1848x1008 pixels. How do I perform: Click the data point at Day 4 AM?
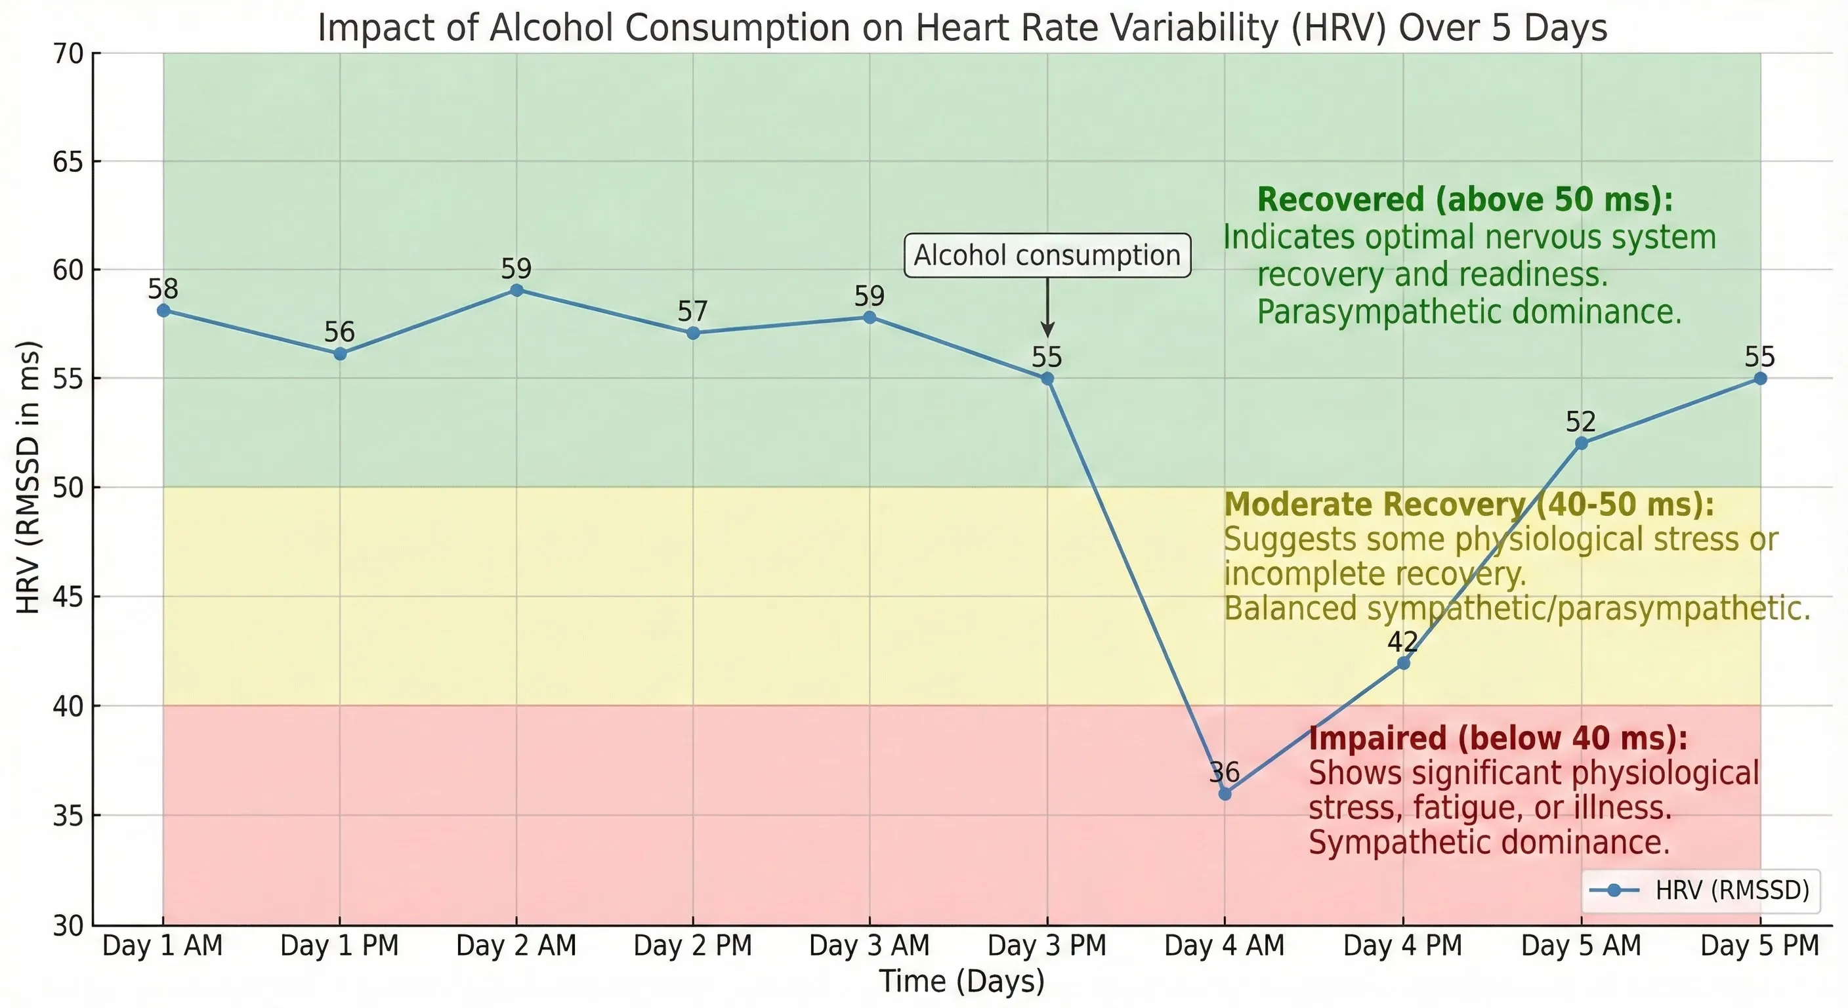coord(1225,793)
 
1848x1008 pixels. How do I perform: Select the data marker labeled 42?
coord(1403,663)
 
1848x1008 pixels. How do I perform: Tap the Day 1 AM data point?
coord(163,310)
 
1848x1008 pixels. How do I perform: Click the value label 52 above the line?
coord(1580,422)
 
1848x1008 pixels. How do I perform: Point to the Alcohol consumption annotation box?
coord(1047,255)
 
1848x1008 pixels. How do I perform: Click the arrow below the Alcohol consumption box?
coord(1047,308)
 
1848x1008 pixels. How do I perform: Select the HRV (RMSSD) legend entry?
coord(1700,891)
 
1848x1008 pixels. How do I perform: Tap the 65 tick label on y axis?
coord(68,162)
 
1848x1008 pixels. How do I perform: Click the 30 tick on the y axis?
coord(68,926)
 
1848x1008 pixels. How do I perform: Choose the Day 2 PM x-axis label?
coord(692,946)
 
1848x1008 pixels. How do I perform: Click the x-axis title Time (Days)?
coord(961,980)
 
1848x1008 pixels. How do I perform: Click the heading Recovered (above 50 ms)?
coord(1465,199)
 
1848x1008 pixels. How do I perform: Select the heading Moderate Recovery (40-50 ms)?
coord(1469,505)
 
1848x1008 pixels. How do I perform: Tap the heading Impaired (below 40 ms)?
coord(1498,738)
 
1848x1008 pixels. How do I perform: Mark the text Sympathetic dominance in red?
coord(1489,842)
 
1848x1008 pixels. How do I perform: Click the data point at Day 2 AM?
coord(516,290)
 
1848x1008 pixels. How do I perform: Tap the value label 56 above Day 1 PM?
coord(339,332)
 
